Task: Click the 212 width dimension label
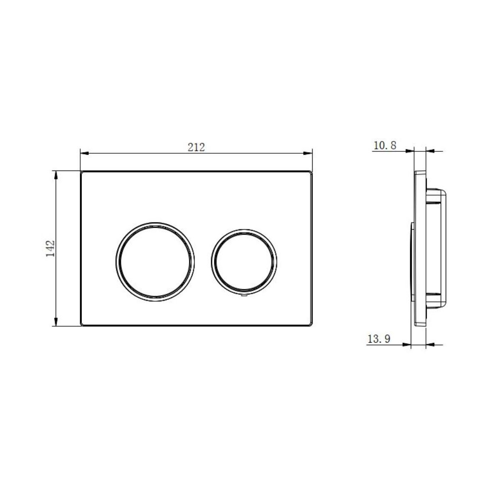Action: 196,147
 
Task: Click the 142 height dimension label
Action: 50,248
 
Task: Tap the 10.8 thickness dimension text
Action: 385,145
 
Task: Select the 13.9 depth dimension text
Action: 379,339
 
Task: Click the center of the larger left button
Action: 155,262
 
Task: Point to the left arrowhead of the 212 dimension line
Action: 85,153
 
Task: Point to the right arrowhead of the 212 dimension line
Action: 308,153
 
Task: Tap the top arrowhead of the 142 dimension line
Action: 56,176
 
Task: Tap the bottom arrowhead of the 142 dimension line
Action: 56,321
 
